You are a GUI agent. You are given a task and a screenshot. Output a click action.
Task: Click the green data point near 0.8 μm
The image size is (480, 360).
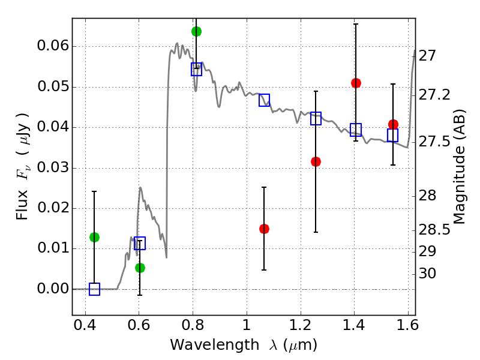click(196, 31)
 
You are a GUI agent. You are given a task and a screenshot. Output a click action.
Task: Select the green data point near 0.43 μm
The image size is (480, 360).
click(94, 237)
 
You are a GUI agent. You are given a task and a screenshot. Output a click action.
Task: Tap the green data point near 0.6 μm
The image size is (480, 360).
click(140, 268)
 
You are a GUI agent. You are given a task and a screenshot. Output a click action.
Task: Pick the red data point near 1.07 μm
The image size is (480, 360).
click(264, 229)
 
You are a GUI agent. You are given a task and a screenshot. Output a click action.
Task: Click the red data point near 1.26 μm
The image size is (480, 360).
click(316, 161)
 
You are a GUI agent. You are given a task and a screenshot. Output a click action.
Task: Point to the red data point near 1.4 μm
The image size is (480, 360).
click(356, 83)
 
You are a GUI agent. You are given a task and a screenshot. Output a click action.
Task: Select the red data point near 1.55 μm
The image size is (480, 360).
click(393, 124)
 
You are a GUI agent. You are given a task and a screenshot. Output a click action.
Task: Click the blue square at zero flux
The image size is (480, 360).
click(94, 289)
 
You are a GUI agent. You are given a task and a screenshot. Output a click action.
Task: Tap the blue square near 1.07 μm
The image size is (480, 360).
click(264, 100)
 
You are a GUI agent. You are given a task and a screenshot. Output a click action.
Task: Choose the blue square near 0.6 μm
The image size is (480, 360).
click(140, 243)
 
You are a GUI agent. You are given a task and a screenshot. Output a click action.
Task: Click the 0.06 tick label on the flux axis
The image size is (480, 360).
click(52, 47)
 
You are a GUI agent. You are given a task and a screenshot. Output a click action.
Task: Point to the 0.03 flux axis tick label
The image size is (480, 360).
click(52, 168)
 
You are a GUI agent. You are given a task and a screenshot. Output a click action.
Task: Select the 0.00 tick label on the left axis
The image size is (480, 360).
click(52, 289)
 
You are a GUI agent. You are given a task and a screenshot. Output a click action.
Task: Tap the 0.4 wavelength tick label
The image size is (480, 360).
click(86, 328)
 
